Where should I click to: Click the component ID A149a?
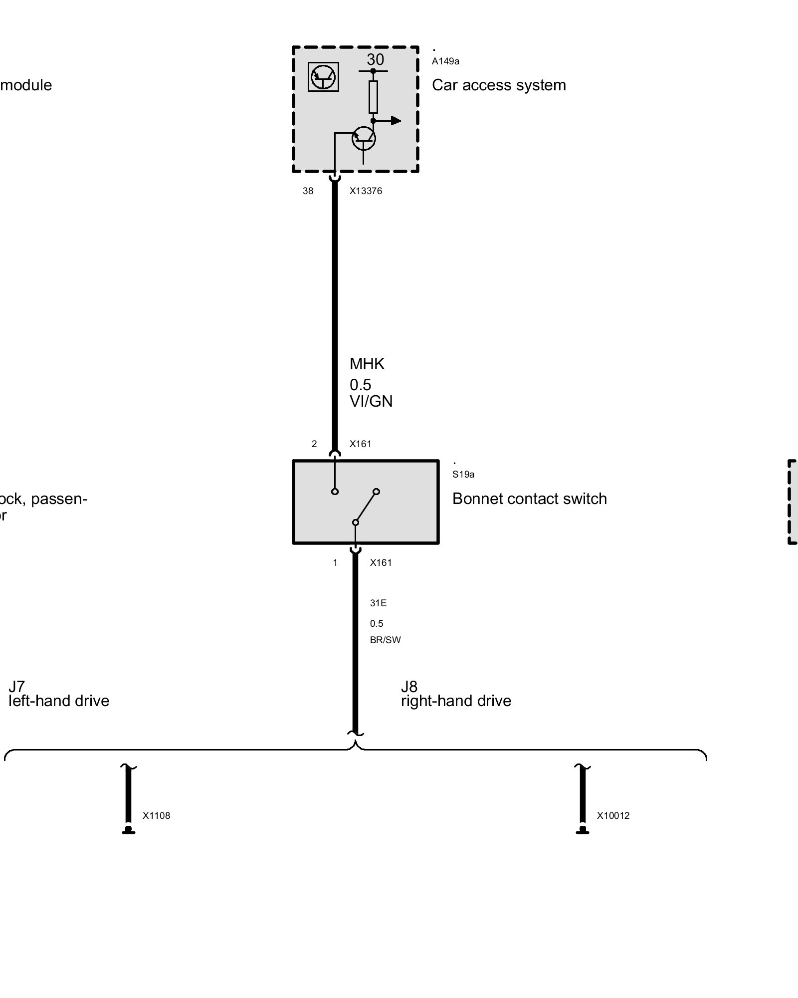(x=445, y=61)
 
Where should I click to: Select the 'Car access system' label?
(x=499, y=85)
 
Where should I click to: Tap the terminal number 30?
(x=375, y=60)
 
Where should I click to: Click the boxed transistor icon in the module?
(x=323, y=77)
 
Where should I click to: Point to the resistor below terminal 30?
(x=373, y=97)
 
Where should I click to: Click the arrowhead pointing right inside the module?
(x=396, y=120)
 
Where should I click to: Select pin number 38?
(x=308, y=191)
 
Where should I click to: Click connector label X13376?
(x=366, y=191)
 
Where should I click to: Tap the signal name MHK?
(x=367, y=364)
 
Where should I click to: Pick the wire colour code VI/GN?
(x=371, y=401)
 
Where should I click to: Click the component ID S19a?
(x=463, y=475)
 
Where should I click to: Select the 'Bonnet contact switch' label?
(x=529, y=499)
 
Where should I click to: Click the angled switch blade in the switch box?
(x=366, y=506)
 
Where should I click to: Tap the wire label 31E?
(x=378, y=603)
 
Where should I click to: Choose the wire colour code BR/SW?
(x=385, y=640)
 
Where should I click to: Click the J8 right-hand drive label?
(x=456, y=694)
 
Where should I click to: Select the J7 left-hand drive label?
(x=59, y=694)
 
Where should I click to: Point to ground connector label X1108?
(x=156, y=816)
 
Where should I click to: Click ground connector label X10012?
(x=613, y=816)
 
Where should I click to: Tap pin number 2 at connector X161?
(x=314, y=444)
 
